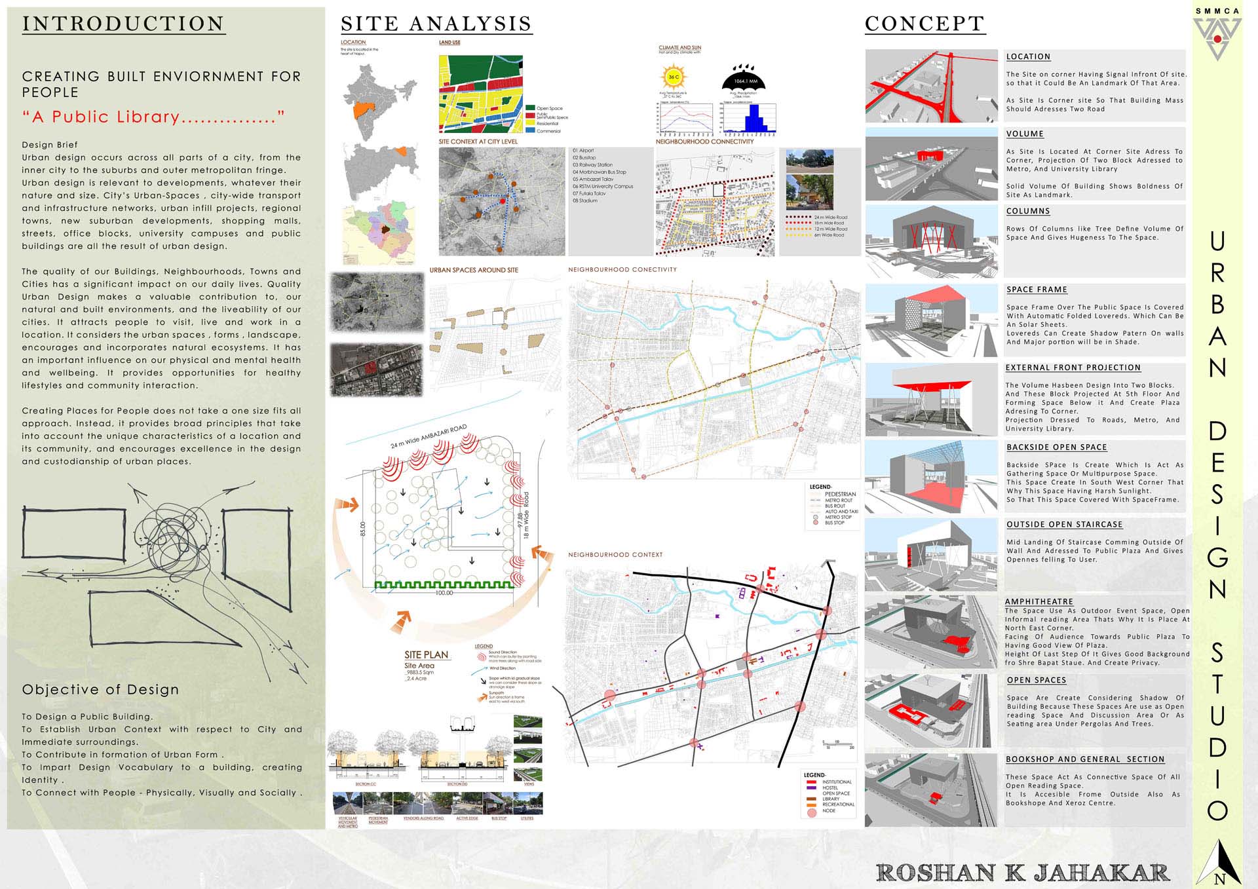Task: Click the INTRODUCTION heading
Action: (x=123, y=24)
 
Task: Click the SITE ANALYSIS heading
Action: (x=436, y=24)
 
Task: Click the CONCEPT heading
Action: (x=924, y=24)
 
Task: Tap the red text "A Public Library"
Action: (x=153, y=117)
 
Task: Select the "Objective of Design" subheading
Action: (x=100, y=690)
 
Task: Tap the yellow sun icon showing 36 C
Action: (x=674, y=78)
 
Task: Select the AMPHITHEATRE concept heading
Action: (x=1039, y=601)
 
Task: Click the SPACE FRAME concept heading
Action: (x=1037, y=290)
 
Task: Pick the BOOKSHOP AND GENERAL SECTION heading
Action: (x=1085, y=759)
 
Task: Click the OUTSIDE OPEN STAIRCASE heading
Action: (x=1064, y=525)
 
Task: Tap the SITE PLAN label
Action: (x=426, y=655)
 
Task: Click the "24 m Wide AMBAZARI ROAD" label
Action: (x=429, y=436)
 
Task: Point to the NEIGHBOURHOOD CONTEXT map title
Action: (x=615, y=555)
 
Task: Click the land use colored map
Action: (x=480, y=94)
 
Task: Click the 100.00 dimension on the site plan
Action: (x=444, y=593)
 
